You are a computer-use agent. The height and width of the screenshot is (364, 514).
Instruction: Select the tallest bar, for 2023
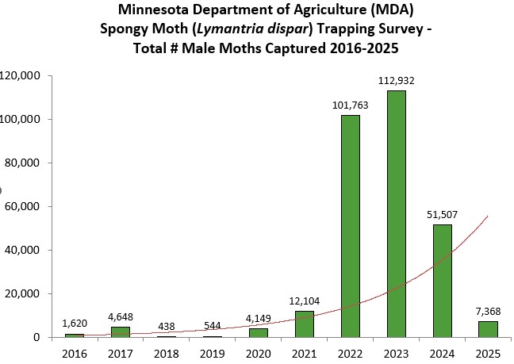click(396, 214)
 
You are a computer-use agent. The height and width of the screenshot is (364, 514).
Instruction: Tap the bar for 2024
click(442, 281)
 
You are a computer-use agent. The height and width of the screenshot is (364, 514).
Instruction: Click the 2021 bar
click(304, 324)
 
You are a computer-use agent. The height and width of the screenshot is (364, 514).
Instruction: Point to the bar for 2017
click(120, 331)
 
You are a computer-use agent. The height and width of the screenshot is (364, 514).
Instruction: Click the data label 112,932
click(396, 81)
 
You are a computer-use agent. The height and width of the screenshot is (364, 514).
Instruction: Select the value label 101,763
click(350, 105)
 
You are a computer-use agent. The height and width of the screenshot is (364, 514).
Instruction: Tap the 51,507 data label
click(442, 215)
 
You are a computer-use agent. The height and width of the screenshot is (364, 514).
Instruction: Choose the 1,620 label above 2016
click(74, 324)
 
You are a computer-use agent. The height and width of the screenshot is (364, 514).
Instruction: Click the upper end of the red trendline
click(487, 216)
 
